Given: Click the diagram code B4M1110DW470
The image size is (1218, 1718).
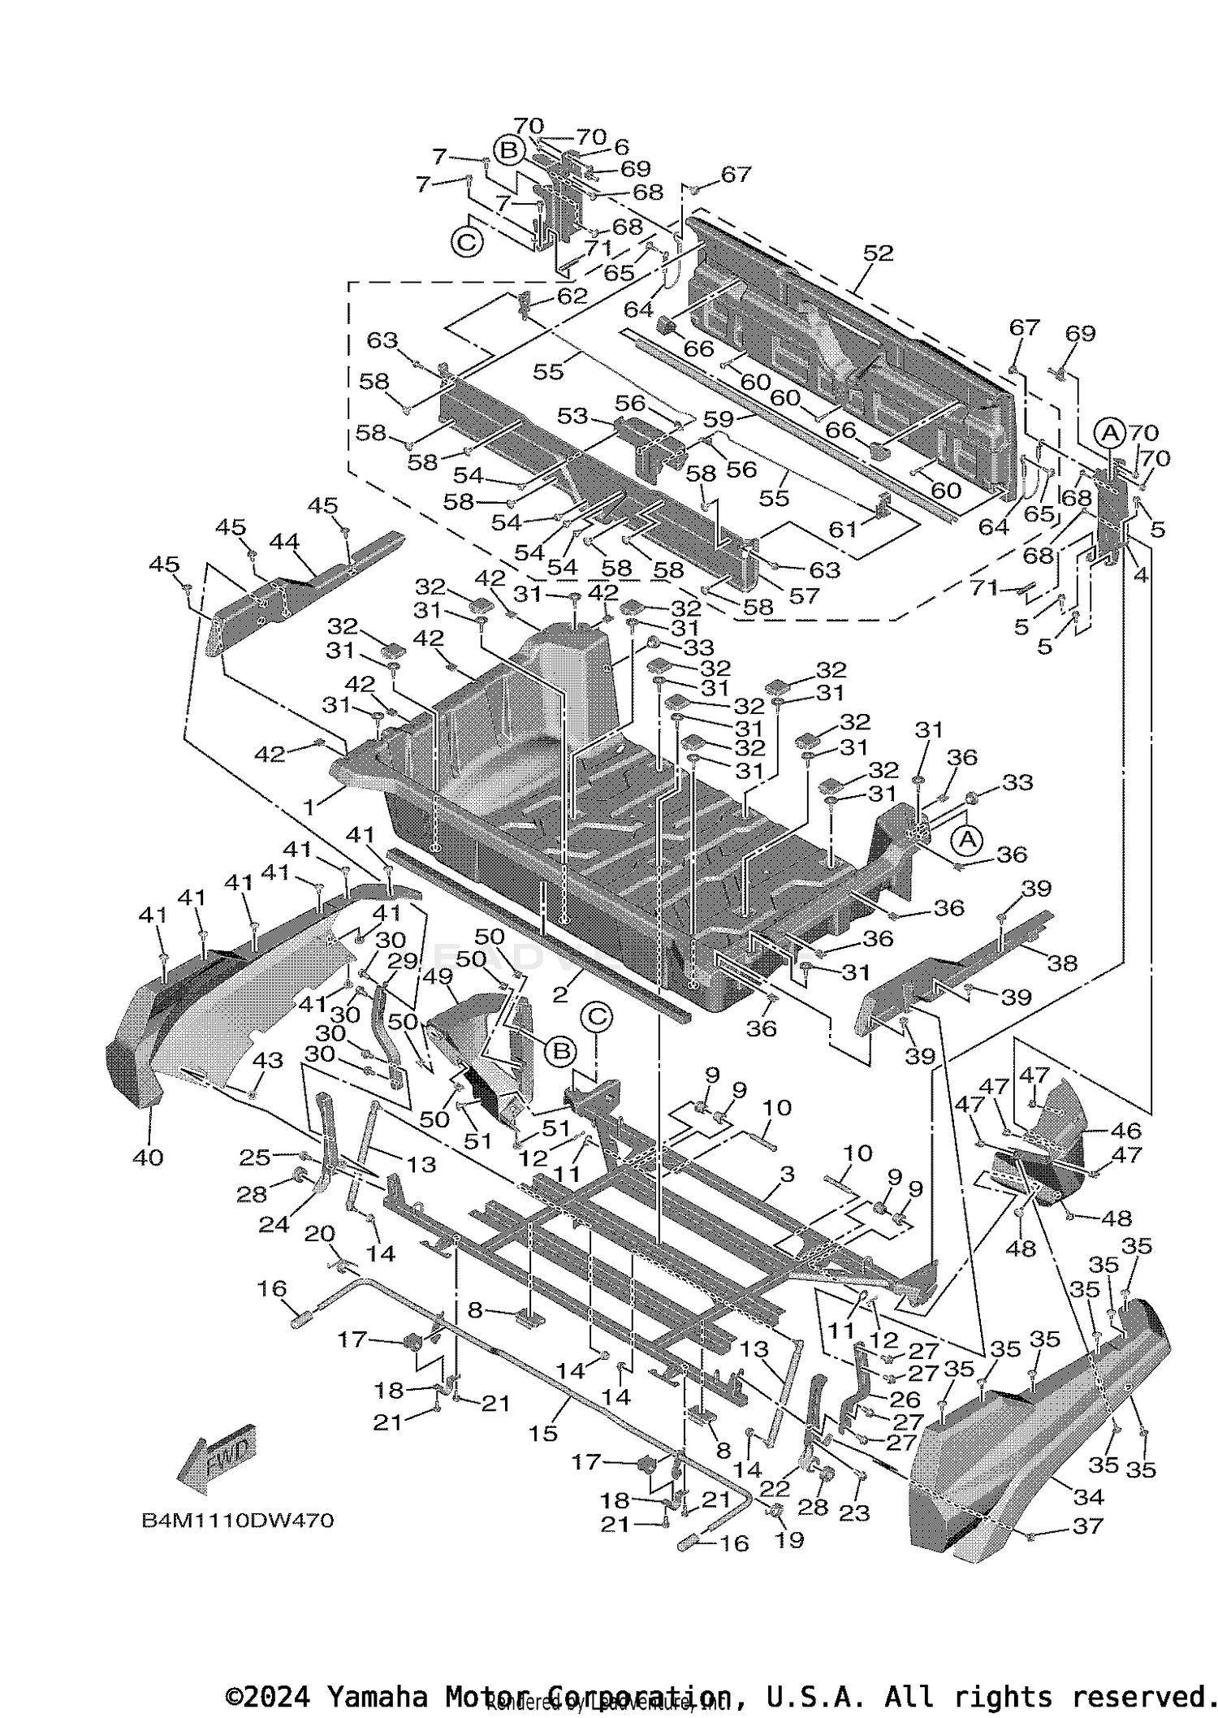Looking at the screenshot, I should coord(237,1520).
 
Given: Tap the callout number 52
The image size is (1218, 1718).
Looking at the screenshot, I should coord(878,253).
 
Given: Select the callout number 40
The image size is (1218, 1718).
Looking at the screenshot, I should coord(149,1156).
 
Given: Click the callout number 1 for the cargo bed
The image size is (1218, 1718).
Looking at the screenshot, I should coord(309,807).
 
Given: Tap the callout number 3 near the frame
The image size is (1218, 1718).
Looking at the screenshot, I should coord(786,1174).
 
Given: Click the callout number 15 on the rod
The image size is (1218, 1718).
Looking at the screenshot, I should coord(542,1433).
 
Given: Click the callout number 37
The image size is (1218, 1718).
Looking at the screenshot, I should coord(1088,1525).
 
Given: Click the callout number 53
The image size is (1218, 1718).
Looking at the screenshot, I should coord(572,416).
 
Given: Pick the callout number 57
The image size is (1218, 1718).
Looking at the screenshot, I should coord(805,595).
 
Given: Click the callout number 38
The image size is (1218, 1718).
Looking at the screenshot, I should coord(1062,963).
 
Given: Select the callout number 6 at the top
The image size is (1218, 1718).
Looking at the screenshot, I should coord(621,147).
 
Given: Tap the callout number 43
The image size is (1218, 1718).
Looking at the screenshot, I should coord(268,1060).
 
